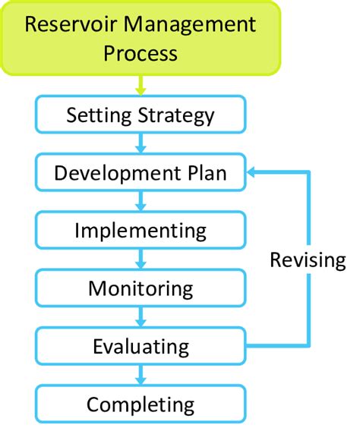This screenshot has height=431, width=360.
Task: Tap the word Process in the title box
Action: [x=141, y=54]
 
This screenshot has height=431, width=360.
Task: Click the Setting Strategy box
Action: [x=141, y=115]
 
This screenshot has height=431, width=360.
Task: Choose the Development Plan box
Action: [x=141, y=173]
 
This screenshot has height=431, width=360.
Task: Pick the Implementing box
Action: [x=141, y=230]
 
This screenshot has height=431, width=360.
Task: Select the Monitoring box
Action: [x=141, y=288]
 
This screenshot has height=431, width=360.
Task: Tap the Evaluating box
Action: [x=141, y=346]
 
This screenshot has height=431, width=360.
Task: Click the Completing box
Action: [x=141, y=404]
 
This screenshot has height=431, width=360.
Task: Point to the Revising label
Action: [x=308, y=260]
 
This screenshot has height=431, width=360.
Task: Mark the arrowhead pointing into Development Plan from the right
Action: [x=254, y=173]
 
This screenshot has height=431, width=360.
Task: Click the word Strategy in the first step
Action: [x=178, y=116]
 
